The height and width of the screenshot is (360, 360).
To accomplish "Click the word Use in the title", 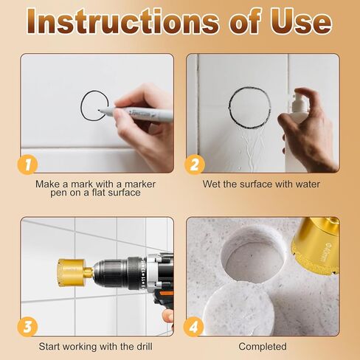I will [297, 22].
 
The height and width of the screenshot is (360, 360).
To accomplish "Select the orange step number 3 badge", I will [27, 326].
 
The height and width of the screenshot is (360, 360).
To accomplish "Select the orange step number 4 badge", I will [193, 326].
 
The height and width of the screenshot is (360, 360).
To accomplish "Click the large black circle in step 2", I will [249, 106].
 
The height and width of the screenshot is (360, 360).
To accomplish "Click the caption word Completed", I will [263, 346].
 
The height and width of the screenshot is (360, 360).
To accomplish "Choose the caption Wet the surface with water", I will [263, 184].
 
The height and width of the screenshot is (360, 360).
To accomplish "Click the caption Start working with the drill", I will [97, 346].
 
